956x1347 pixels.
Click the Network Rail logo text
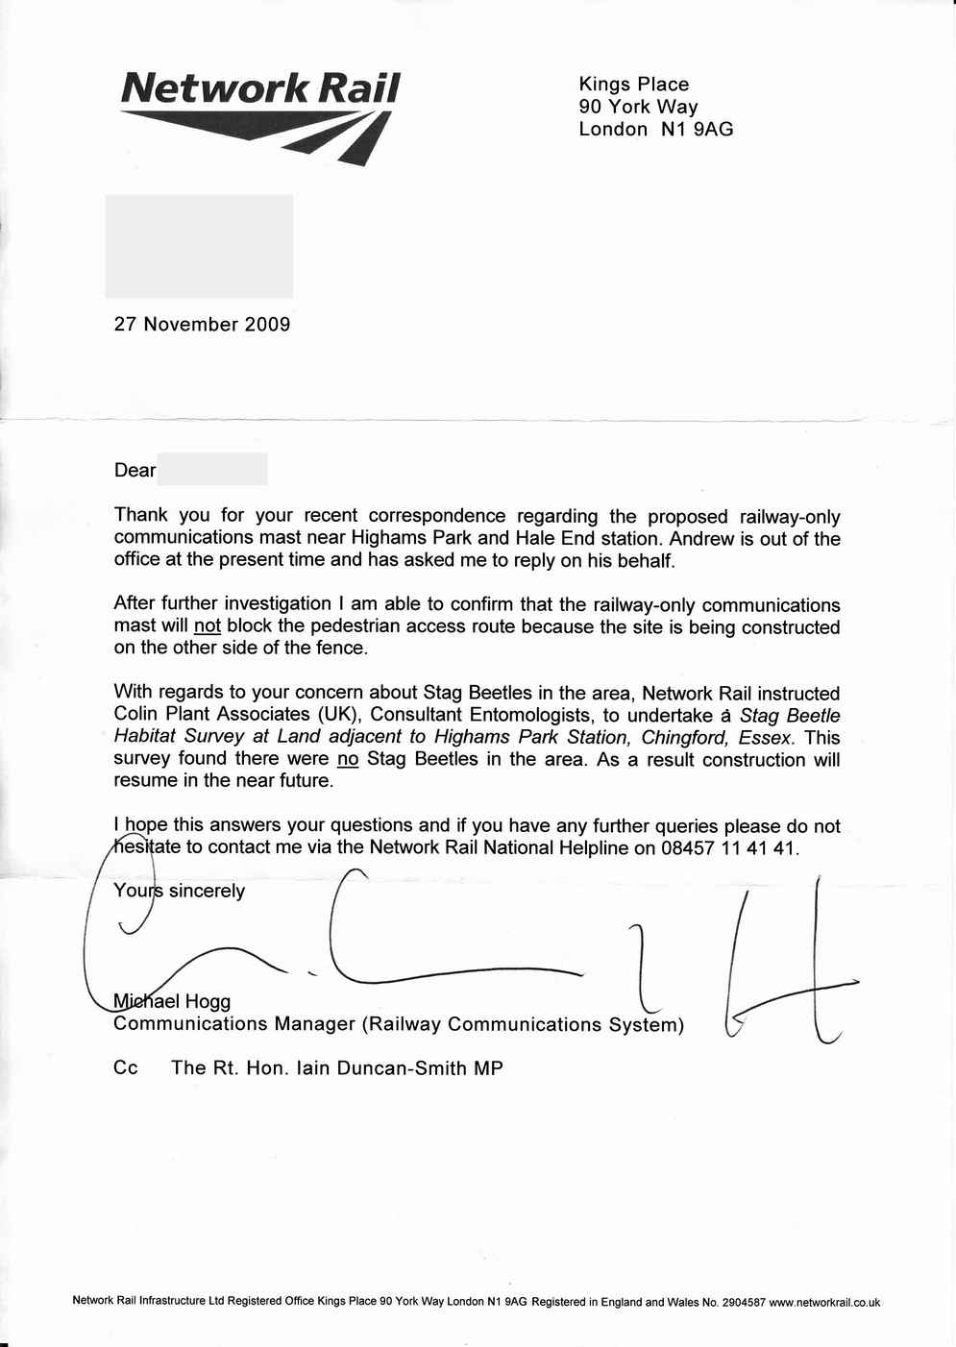pyautogui.click(x=260, y=88)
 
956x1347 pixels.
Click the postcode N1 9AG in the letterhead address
pyautogui.click(x=697, y=130)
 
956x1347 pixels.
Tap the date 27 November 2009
pyautogui.click(x=202, y=325)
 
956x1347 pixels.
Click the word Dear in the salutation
pyautogui.click(x=135, y=471)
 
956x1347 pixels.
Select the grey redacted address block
pyautogui.click(x=199, y=246)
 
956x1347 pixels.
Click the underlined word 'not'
pyautogui.click(x=208, y=626)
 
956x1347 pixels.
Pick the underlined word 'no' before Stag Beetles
pyautogui.click(x=348, y=759)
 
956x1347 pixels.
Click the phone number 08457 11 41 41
pyautogui.click(x=729, y=848)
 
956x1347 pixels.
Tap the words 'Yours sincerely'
pyautogui.click(x=180, y=891)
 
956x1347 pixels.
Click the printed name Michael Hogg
pyautogui.click(x=172, y=1001)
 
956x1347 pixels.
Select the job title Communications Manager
pyautogui.click(x=234, y=1024)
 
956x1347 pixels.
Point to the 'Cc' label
pyautogui.click(x=126, y=1068)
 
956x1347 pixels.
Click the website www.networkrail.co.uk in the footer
pyautogui.click(x=824, y=1303)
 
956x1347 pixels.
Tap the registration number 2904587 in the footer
pyautogui.click(x=744, y=1303)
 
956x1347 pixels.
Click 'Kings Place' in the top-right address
pyautogui.click(x=633, y=85)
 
